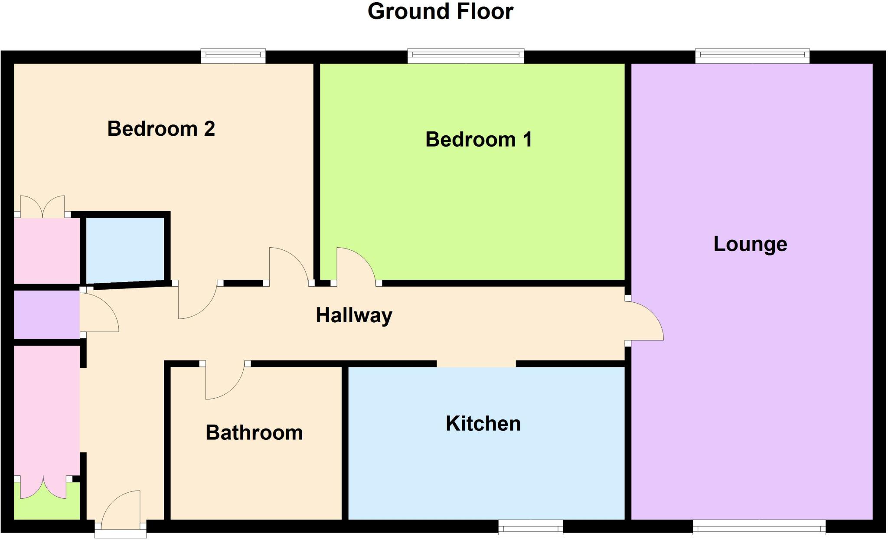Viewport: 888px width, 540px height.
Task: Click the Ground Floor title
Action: tap(440, 12)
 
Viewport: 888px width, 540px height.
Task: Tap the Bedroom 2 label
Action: tap(161, 129)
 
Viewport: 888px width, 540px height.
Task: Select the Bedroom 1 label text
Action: tap(478, 140)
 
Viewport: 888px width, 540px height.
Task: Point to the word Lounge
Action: tap(750, 244)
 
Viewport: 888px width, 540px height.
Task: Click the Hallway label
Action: tap(354, 315)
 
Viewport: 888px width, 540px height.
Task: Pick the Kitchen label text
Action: tap(483, 424)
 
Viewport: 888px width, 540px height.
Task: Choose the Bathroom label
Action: tap(254, 433)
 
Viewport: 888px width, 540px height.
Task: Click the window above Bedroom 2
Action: tap(233, 56)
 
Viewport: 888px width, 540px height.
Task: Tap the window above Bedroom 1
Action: tap(466, 56)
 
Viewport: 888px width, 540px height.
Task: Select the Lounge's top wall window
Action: tap(752, 56)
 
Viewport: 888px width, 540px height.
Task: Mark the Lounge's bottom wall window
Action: tap(759, 527)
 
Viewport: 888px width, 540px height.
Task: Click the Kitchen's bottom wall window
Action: tap(530, 527)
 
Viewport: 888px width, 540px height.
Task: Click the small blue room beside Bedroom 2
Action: tap(125, 249)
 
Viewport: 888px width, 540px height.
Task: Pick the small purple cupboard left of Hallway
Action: tap(46, 314)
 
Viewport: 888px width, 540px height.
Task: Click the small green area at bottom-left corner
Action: tap(46, 505)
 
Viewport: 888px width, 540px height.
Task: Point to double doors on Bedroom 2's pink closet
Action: tap(42, 207)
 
